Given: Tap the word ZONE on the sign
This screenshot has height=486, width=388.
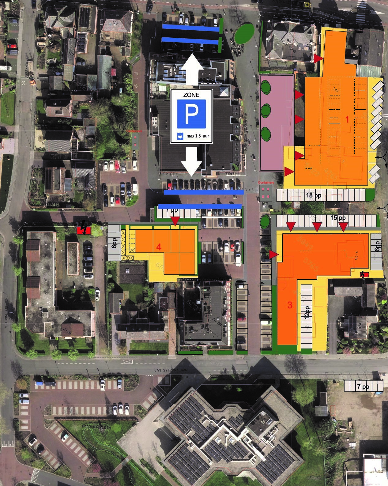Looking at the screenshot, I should coord(191,95).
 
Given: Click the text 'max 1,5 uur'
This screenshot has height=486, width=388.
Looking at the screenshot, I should coord(198,136).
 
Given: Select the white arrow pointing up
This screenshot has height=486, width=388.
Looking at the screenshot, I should coord(193,70).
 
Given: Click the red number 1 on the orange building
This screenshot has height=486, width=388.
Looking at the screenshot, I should coord(347,119).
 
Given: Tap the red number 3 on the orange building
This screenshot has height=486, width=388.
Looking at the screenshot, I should coord(290,305).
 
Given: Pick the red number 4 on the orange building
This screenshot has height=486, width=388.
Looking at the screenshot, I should coord(159,247).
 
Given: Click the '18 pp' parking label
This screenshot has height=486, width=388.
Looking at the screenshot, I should coord(313,195).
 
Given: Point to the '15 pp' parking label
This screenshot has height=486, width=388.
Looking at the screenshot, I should coord(338,218).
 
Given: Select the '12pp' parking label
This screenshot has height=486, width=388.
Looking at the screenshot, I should coord(307,312).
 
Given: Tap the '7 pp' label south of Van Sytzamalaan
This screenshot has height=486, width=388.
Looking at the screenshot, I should coord(363,386).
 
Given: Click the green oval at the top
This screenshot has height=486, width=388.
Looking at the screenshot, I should coord(244,33).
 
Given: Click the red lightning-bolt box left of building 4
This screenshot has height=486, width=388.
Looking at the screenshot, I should coord(84,230).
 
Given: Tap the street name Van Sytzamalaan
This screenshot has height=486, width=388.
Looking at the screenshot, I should coord(171,370).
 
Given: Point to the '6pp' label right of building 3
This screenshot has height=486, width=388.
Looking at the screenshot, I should coord(377,247).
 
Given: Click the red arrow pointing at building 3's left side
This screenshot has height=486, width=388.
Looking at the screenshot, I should coord(274,254).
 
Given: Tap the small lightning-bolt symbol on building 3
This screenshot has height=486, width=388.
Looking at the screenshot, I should coord(364,274).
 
